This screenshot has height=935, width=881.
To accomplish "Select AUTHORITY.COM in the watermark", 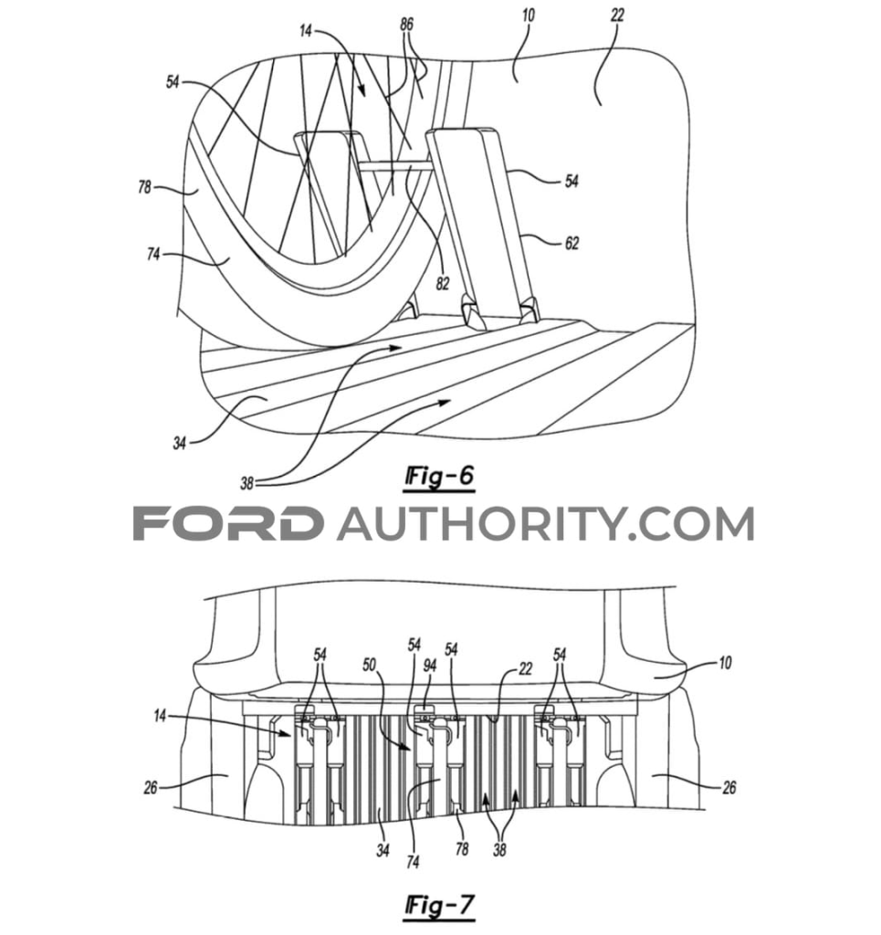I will (545, 524).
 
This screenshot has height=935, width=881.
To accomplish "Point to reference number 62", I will (572, 243).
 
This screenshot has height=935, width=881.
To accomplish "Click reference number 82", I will (442, 284).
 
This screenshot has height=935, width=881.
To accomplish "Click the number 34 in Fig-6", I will (180, 444).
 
